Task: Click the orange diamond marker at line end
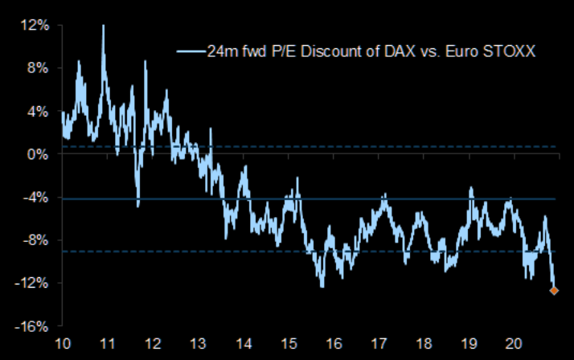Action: (554, 291)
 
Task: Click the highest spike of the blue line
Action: (103, 27)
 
